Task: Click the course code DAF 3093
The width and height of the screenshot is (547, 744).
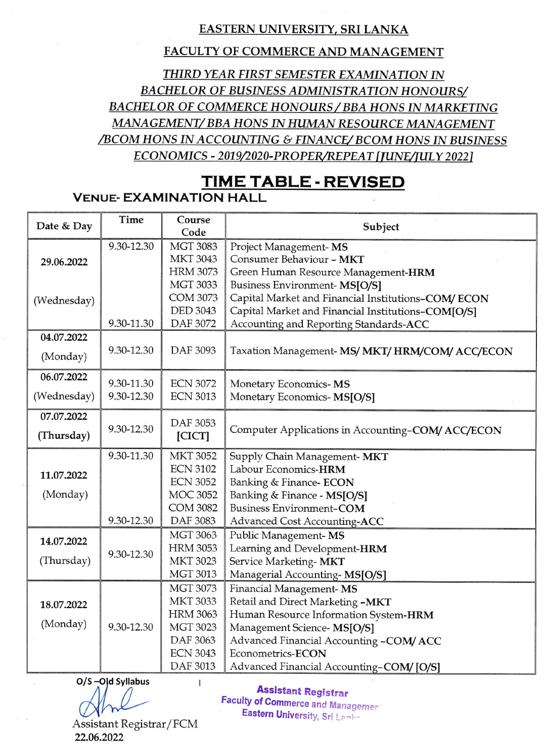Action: click(193, 351)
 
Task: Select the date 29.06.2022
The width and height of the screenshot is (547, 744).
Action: click(64, 262)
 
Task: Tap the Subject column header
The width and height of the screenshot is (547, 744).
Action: click(381, 227)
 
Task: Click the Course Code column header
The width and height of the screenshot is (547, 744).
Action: click(194, 226)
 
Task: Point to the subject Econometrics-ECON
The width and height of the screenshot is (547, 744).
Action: click(278, 654)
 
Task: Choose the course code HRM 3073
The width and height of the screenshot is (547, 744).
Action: click(193, 272)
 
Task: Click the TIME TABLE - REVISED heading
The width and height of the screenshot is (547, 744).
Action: click(303, 182)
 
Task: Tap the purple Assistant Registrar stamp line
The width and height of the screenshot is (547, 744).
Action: click(302, 691)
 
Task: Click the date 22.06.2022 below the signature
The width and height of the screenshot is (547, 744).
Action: click(99, 737)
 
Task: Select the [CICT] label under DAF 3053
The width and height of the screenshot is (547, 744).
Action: click(193, 436)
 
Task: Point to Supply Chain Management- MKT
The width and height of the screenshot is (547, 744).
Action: click(308, 457)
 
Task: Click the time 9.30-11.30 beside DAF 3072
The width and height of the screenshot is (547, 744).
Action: click(131, 324)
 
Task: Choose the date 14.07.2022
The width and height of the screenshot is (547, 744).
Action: click(64, 541)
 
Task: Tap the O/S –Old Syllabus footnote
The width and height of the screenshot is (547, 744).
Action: click(113, 681)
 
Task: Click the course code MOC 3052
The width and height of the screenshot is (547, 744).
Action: click(193, 495)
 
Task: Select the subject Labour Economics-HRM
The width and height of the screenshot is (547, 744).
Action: click(287, 469)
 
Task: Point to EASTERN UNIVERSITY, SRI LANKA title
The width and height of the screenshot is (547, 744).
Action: click(303, 29)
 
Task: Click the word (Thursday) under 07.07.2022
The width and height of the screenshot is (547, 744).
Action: click(64, 435)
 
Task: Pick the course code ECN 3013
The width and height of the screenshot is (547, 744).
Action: click(193, 396)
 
